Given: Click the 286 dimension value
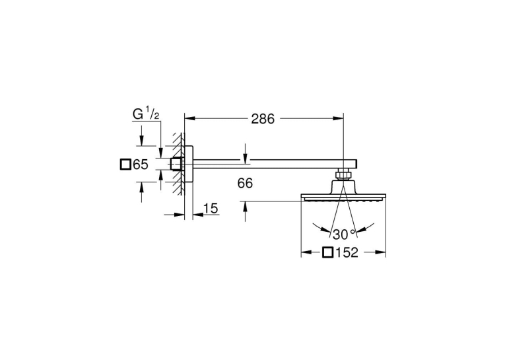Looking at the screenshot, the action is point(263,119).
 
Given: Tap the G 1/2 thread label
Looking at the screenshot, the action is point(146,114).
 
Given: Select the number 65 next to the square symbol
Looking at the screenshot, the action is point(141,164).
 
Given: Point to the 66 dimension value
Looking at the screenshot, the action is point(245,184).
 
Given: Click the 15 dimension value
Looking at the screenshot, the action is point(211,209).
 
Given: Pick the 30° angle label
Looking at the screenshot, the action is point(344,234).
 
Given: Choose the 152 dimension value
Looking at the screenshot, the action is point(347,252).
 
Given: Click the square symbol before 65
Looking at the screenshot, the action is point(125,164).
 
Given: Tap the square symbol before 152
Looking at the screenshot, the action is point(328,252).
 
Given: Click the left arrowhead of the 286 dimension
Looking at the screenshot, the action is point(189,119).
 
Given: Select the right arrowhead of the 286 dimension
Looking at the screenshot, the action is point(338,119).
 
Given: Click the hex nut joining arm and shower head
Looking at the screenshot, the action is point(343,174).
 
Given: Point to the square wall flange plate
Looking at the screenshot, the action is point(189,164).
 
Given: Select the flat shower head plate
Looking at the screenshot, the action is point(343,197).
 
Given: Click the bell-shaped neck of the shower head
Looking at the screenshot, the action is point(343,186).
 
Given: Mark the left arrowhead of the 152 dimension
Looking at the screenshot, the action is point(306,252).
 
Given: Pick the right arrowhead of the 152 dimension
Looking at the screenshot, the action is point(380,252).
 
